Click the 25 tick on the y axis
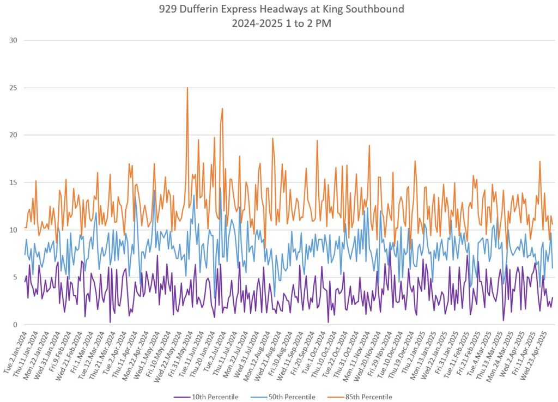(x=12, y=88)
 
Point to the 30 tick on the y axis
(x=12, y=40)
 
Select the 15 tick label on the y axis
(x=12, y=182)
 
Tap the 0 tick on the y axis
(x=14, y=325)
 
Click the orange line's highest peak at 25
(x=187, y=88)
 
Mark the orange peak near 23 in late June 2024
(x=222, y=108)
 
